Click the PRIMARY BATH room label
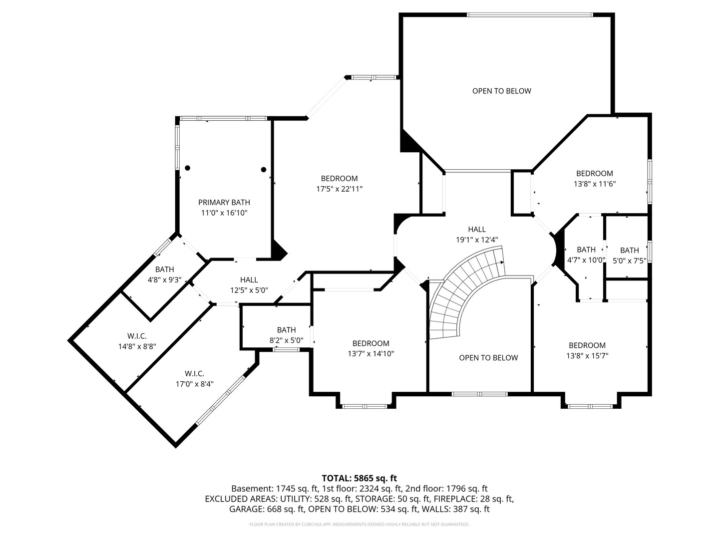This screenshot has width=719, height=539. pyautogui.click(x=224, y=202)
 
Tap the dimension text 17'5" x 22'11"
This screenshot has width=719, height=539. pyautogui.click(x=339, y=189)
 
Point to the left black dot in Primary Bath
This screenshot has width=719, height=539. pyautogui.click(x=187, y=168)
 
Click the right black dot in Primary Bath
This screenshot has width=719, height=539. pyautogui.click(x=264, y=170)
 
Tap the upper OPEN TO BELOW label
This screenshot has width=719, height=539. pyautogui.click(x=502, y=91)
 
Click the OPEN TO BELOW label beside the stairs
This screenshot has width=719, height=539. pyautogui.click(x=488, y=358)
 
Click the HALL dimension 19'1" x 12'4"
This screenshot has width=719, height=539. pyautogui.click(x=477, y=240)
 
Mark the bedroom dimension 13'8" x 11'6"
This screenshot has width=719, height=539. pyautogui.click(x=595, y=184)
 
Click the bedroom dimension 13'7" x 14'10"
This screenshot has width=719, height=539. pyautogui.click(x=370, y=354)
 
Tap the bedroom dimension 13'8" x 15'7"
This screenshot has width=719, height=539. pyautogui.click(x=587, y=356)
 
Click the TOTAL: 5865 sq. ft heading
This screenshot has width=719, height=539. pyautogui.click(x=359, y=478)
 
